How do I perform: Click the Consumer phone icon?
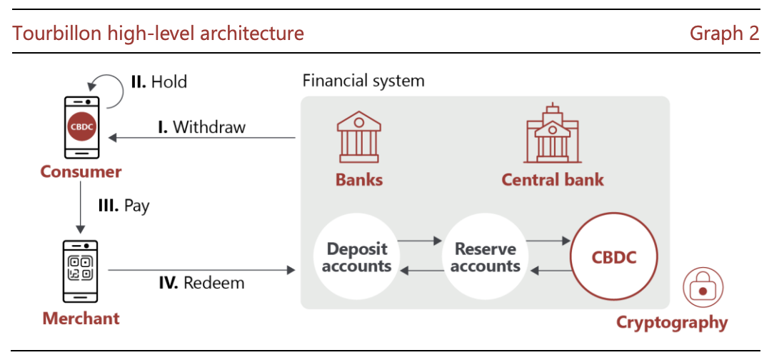click(82, 127)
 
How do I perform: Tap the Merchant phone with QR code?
click(80, 271)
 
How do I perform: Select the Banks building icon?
click(358, 137)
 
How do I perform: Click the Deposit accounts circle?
click(357, 257)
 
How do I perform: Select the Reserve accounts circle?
click(486, 257)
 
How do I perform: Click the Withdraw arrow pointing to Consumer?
click(202, 139)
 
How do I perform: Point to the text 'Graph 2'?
click(724, 33)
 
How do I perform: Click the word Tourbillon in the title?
click(52, 33)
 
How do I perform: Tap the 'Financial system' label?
click(363, 80)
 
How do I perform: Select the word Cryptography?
click(672, 322)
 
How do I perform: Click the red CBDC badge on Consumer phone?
click(82, 126)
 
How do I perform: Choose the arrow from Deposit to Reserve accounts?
click(419, 241)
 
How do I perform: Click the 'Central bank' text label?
click(553, 179)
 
